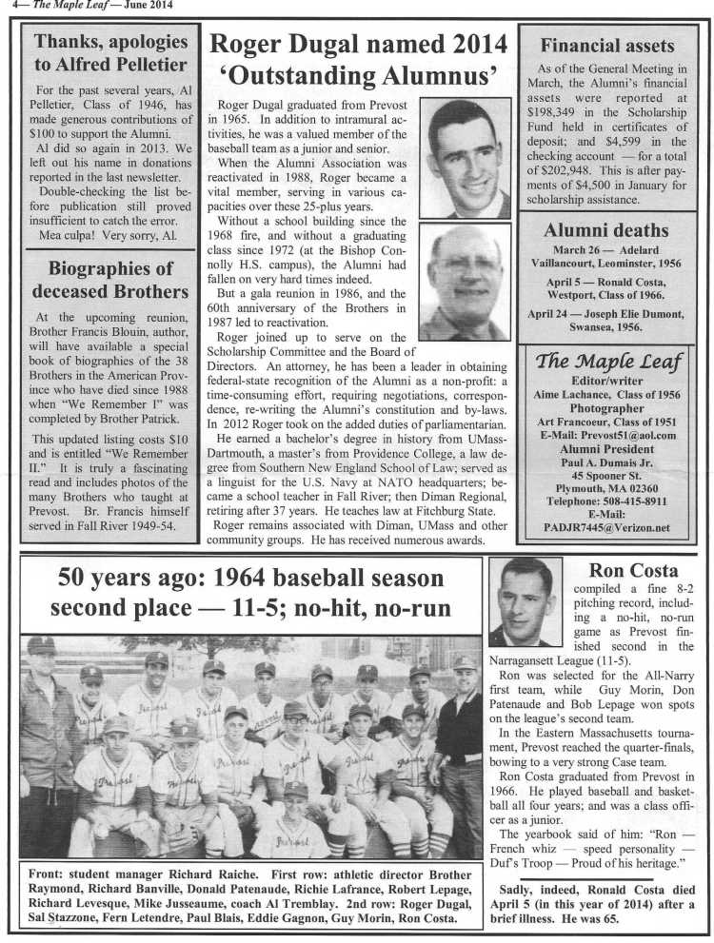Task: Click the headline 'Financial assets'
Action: tap(606, 45)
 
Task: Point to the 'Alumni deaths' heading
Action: tap(606, 229)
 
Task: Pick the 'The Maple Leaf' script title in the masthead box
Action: tap(606, 360)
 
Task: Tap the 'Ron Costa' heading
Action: tap(620, 571)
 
